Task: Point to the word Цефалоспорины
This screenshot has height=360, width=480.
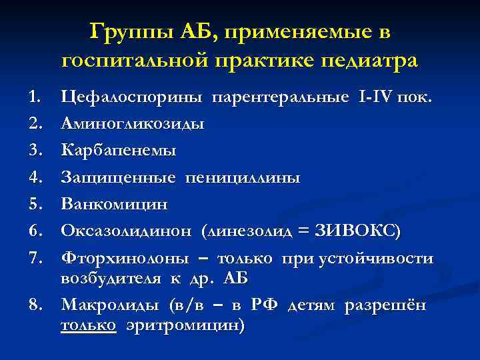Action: [x=133, y=98]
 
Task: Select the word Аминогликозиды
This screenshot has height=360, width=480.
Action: [x=133, y=124]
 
